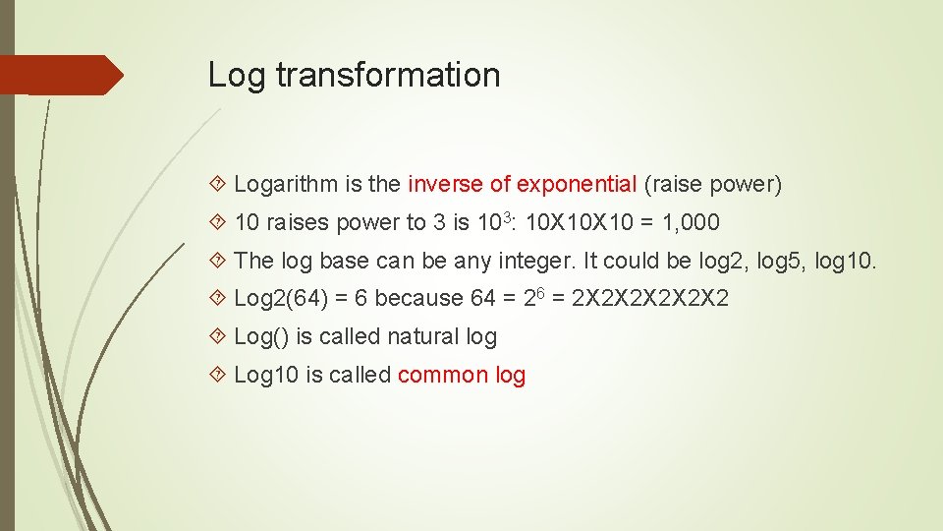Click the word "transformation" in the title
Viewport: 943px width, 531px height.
coord(388,75)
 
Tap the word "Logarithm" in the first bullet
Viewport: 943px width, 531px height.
coord(286,184)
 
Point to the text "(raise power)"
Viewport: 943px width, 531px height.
coord(713,184)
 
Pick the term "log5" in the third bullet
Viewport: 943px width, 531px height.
coord(783,261)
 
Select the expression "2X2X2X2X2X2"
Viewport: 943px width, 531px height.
coord(651,298)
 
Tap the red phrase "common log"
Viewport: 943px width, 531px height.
coord(462,375)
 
